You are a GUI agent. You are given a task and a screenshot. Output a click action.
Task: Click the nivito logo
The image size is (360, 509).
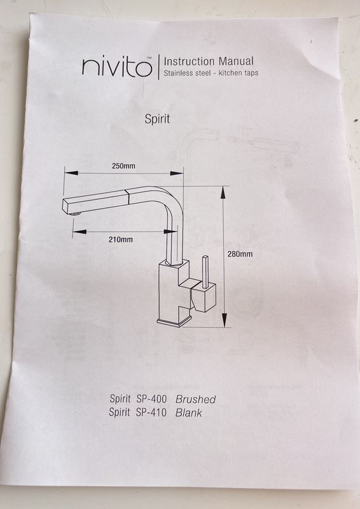point(117,67)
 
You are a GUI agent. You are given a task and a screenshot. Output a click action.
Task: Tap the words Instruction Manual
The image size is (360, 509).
point(209,61)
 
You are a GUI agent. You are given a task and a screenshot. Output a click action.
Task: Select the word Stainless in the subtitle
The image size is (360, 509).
point(177,73)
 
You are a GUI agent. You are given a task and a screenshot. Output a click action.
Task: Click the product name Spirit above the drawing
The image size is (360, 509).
point(157,119)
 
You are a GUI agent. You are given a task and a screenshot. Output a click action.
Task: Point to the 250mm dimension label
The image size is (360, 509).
point(123,166)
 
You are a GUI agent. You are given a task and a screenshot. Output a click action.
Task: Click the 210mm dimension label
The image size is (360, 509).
point(120,240)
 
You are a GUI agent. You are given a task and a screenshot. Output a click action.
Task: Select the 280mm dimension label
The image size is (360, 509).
point(240,254)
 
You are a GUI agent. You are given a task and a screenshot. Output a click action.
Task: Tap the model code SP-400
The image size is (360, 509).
point(151,399)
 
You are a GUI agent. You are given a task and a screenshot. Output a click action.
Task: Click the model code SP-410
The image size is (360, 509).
point(151,412)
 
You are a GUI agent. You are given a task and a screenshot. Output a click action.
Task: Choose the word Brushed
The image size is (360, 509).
point(195,399)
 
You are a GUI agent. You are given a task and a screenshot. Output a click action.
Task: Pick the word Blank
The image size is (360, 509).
point(189,412)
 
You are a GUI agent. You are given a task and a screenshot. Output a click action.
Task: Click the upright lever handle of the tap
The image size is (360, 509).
point(205,272)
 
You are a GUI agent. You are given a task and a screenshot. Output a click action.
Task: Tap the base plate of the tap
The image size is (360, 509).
point(174,321)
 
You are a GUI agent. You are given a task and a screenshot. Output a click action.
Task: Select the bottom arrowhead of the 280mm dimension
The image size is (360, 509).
point(225,321)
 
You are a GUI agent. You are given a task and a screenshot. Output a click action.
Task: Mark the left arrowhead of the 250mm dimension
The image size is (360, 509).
point(71,172)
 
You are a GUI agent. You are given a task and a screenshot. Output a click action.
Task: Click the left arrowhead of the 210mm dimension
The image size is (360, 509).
point(80,232)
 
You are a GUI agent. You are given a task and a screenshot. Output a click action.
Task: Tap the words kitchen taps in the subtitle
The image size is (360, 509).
point(239,73)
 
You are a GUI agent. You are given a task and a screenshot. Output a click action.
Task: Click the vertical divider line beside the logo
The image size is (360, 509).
point(159,67)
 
